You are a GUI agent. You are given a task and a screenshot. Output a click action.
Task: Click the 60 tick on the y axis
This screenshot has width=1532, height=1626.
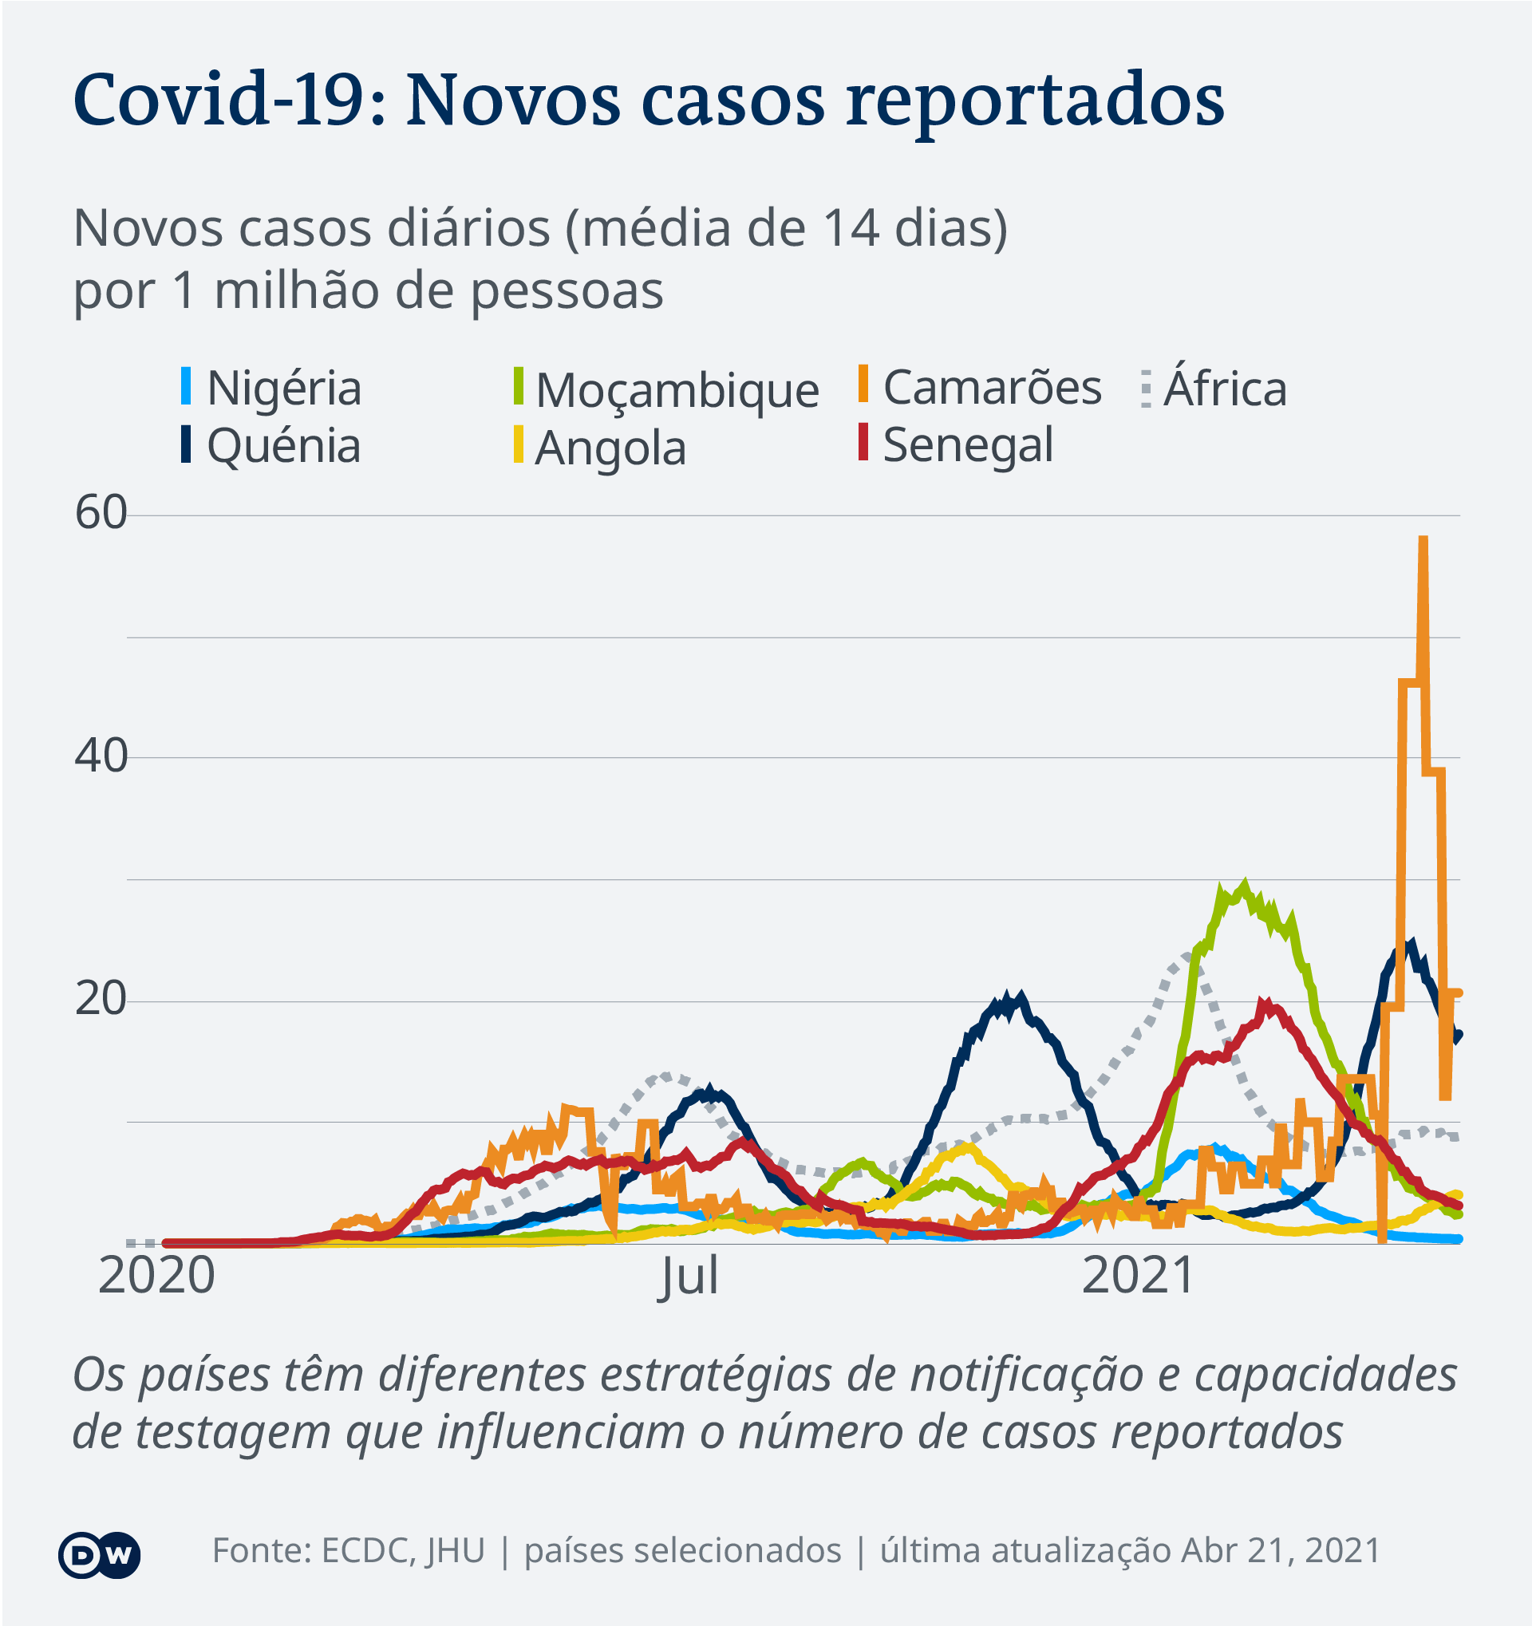tap(101, 514)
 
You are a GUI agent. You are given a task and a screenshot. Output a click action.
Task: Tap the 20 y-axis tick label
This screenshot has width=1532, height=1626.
tap(101, 1000)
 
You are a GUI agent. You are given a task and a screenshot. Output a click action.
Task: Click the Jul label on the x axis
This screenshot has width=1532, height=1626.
tap(689, 1275)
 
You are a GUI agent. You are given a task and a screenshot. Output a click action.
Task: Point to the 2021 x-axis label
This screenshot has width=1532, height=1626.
tap(1139, 1275)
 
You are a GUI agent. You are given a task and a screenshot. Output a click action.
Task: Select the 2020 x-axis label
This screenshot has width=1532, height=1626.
tap(156, 1275)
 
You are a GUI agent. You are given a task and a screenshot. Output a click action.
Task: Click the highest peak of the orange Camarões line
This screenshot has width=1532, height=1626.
tap(1423, 540)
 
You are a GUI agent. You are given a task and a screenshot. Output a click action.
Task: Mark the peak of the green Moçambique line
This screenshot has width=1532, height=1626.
tap(1245, 886)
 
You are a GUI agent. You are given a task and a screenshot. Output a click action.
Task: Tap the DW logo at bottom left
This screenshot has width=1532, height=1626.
tap(99, 1555)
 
